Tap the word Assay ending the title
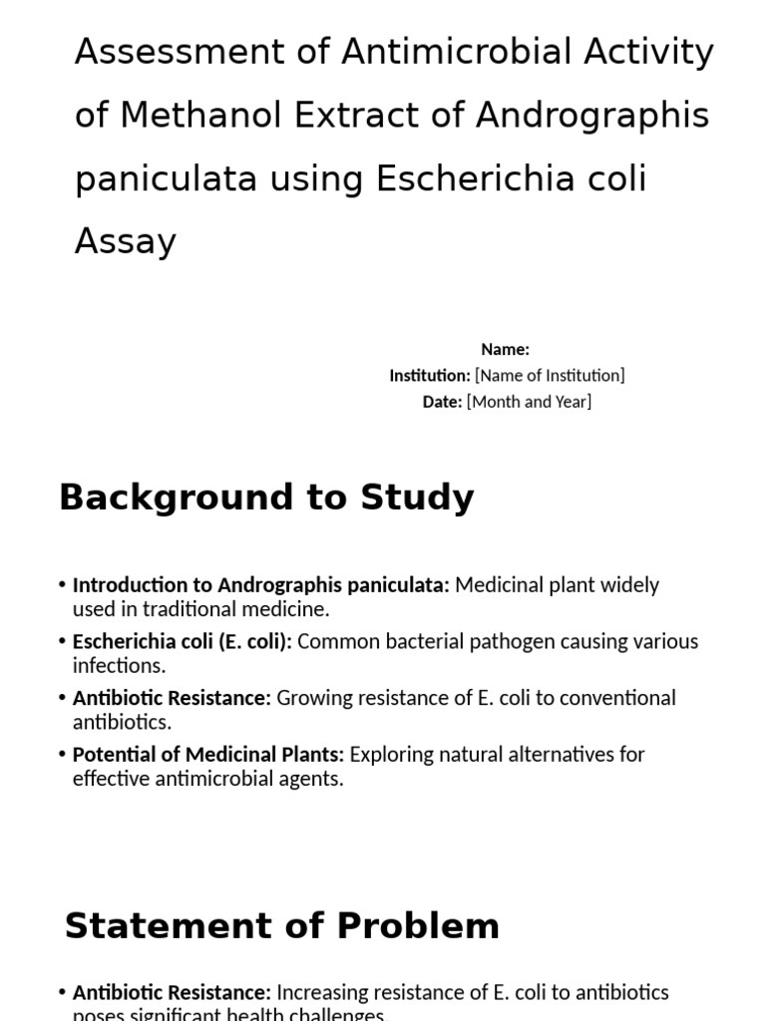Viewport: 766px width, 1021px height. tap(125, 241)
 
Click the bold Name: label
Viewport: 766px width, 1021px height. tap(505, 349)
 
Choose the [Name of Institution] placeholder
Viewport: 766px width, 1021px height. tap(550, 375)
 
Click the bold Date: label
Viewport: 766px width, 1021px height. tap(443, 401)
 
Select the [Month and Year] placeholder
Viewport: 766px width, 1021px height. tap(529, 401)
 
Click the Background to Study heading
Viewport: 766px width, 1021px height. tap(266, 497)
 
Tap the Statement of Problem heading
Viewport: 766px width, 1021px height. tap(282, 926)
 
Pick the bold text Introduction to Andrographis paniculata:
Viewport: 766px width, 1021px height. tap(261, 585)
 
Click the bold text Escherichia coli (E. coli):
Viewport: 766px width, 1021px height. tap(183, 641)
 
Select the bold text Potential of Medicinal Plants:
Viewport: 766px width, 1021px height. tap(208, 754)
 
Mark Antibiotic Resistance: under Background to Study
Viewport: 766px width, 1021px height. tap(172, 698)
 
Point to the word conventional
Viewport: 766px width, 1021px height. tap(617, 698)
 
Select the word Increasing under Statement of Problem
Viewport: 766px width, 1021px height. tap(326, 992)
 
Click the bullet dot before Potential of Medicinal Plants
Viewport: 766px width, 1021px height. tap(62, 755)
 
